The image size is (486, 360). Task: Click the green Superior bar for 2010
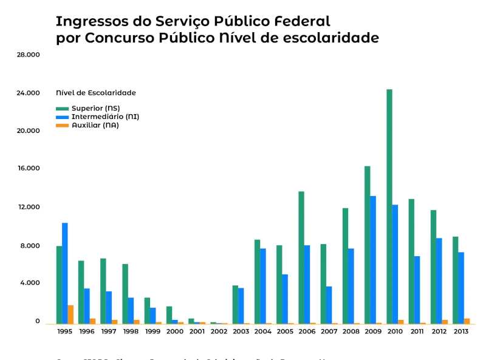389,206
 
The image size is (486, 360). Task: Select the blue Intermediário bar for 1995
65,273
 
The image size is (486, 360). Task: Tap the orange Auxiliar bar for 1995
70,314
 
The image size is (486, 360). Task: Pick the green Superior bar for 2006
301,257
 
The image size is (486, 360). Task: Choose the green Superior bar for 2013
456,280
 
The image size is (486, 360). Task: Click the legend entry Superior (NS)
95,108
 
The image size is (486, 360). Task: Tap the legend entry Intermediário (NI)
105,117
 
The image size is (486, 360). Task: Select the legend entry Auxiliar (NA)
95,125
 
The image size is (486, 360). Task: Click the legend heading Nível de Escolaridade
96,93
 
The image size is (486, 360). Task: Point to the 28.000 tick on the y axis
29,55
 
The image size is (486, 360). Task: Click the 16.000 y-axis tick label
29,168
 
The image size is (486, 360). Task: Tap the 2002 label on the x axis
219,331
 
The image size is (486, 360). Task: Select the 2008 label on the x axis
351,331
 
